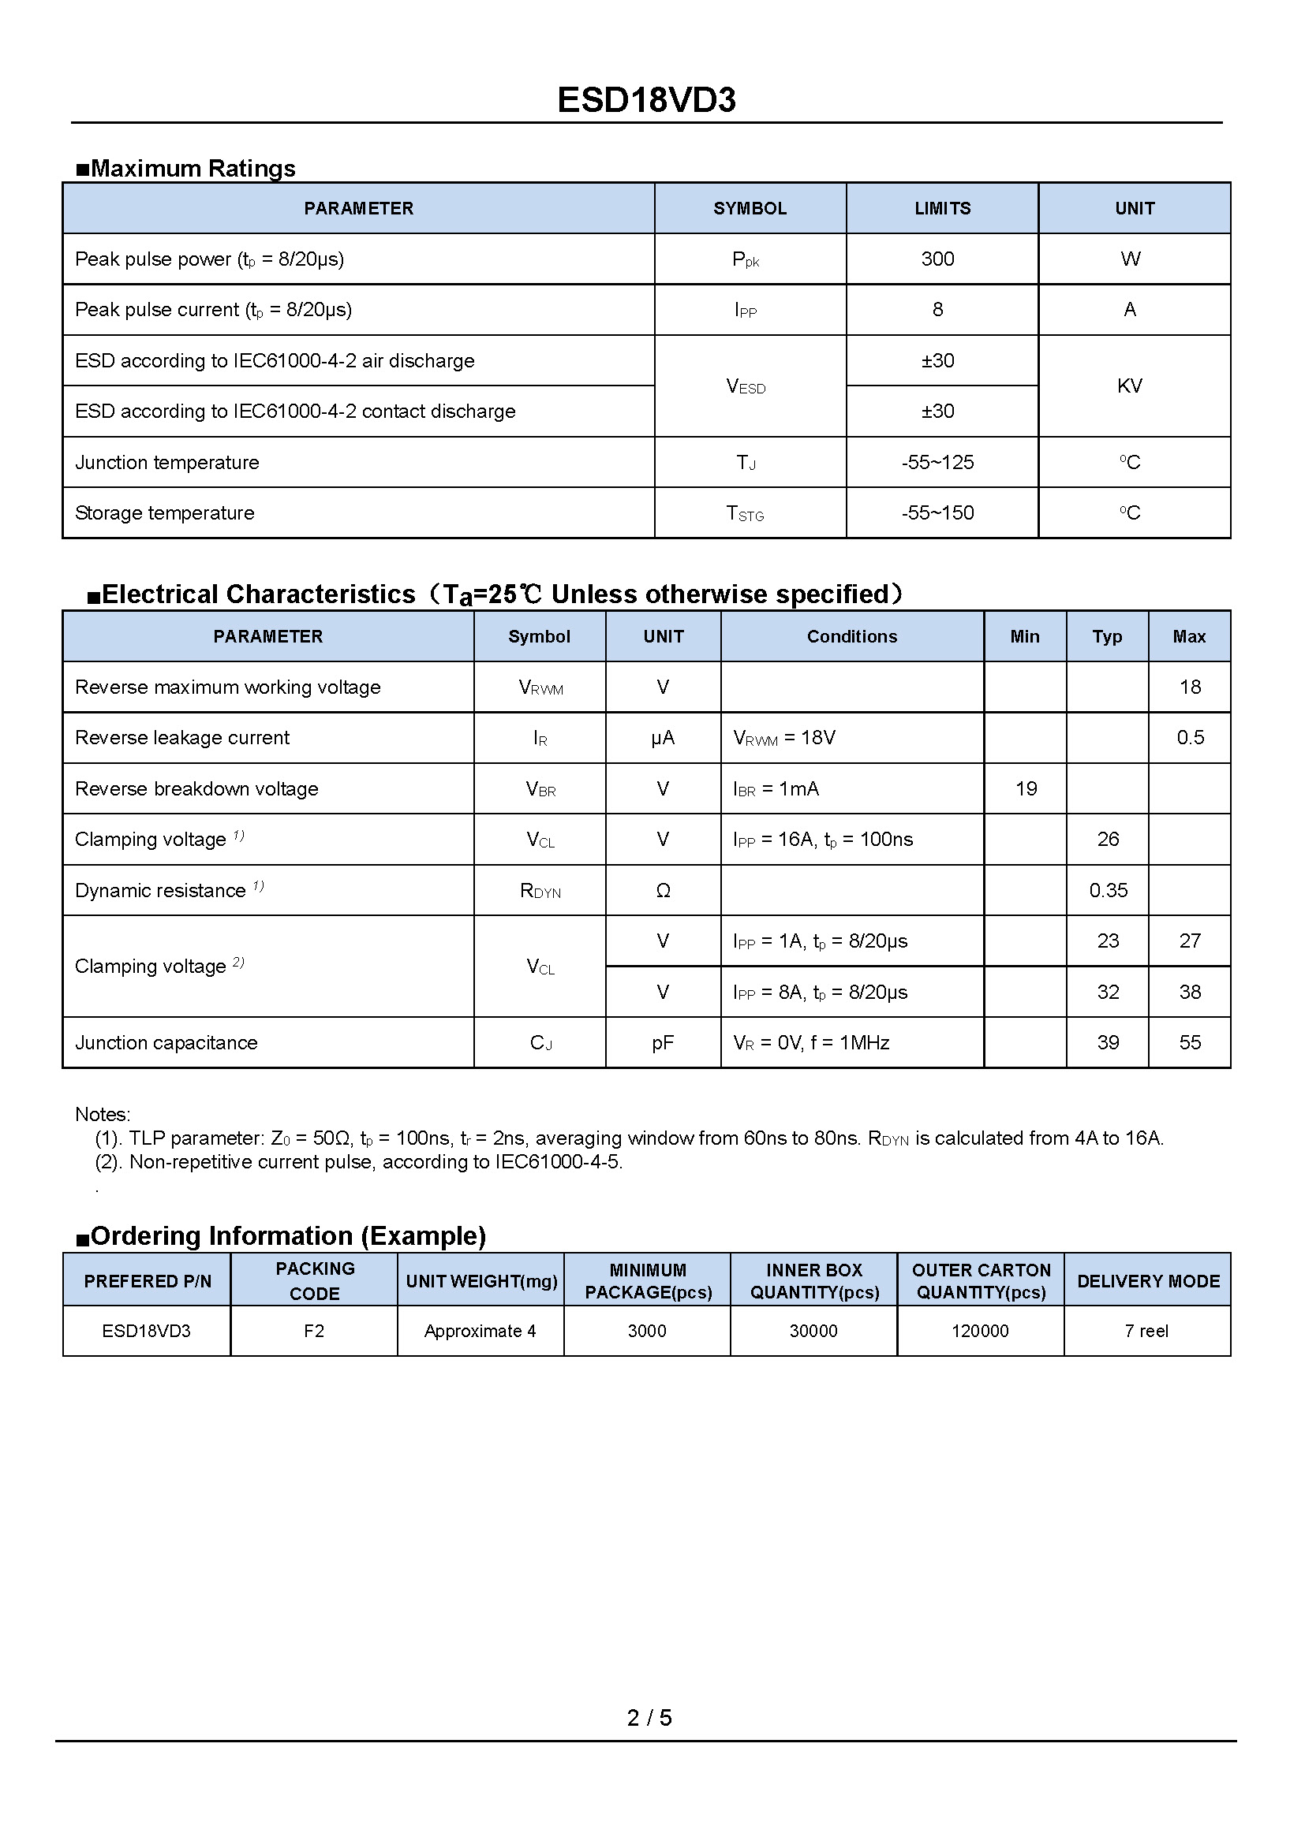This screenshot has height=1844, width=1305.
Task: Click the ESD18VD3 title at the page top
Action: [x=646, y=100]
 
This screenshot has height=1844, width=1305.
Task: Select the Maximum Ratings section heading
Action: [x=185, y=169]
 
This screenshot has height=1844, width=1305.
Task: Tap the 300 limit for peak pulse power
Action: [x=938, y=259]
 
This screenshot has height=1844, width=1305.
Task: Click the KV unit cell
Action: [x=1129, y=386]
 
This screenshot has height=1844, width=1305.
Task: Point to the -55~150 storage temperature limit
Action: [x=938, y=512]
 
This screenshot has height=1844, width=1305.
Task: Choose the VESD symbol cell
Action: [x=746, y=387]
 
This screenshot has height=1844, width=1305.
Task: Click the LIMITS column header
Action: [x=943, y=209]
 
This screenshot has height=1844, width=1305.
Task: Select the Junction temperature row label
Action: [x=167, y=463]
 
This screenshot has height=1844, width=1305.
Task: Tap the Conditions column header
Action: [x=852, y=637]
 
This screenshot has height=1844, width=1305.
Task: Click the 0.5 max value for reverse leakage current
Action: [x=1190, y=737]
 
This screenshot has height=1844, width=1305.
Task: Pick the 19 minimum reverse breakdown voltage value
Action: [x=1026, y=788]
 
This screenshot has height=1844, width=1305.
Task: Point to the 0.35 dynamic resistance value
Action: [x=1108, y=890]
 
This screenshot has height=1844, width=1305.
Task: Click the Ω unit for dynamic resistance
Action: [x=663, y=890]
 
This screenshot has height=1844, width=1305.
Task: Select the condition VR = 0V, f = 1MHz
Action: [x=811, y=1042]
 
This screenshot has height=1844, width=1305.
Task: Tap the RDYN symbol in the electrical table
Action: [x=540, y=891]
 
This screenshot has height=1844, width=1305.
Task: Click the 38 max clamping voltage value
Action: [x=1190, y=992]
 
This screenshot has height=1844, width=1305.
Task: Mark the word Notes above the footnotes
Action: [x=102, y=1114]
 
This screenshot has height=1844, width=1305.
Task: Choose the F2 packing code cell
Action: [x=314, y=1331]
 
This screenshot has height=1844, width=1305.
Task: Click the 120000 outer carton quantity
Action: [x=981, y=1331]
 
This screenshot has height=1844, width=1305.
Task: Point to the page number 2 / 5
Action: [x=649, y=1717]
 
